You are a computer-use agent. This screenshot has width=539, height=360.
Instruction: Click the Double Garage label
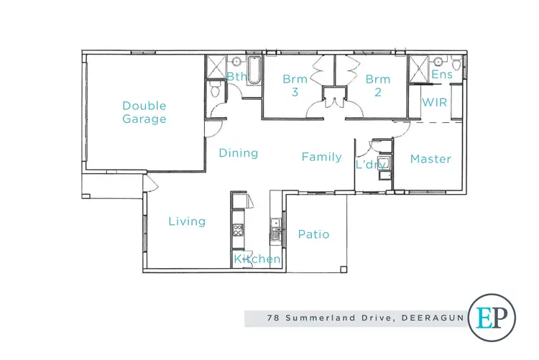tap(144, 112)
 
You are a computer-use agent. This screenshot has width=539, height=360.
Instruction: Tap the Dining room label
tap(239, 153)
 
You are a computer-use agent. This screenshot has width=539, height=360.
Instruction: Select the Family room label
tap(321, 157)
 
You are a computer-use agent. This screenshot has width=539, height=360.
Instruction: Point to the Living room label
tap(187, 221)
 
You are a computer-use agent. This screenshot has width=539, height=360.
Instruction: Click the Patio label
tap(314, 234)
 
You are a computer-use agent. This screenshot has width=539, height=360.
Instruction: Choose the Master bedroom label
tap(430, 159)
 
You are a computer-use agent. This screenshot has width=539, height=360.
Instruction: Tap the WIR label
tap(435, 103)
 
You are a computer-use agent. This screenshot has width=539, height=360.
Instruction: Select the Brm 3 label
tap(295, 86)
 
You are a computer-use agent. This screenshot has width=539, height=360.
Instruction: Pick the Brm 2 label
tap(377, 86)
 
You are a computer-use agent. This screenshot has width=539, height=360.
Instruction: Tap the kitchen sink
tap(275, 234)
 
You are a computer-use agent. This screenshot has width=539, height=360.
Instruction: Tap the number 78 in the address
tap(272, 317)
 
